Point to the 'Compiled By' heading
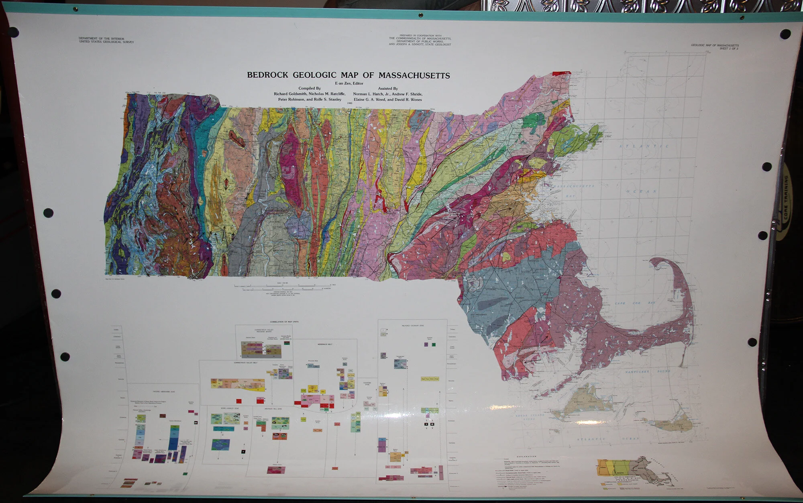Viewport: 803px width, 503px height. point(309,89)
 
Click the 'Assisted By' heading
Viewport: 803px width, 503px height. point(387,89)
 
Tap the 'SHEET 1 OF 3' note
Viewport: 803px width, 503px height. point(729,48)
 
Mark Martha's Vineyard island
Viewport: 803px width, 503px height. point(582,403)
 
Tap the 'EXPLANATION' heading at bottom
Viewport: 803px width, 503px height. point(526,456)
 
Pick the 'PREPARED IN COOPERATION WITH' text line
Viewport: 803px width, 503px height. point(420,36)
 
